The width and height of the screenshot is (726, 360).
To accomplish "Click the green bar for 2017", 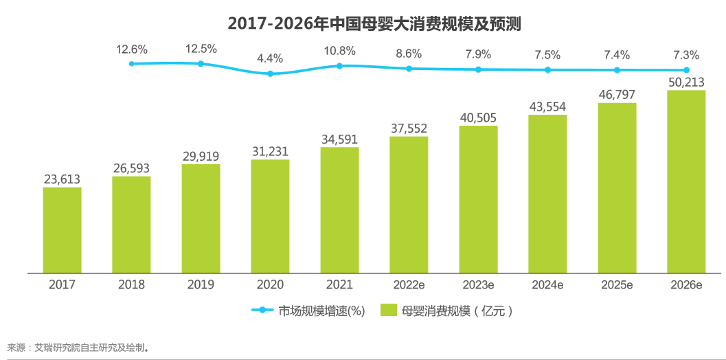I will pyautogui.click(x=62, y=230).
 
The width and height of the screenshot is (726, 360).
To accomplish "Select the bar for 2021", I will pyautogui.click(x=339, y=210).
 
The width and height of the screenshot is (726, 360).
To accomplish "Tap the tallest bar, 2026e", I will pyautogui.click(x=686, y=181).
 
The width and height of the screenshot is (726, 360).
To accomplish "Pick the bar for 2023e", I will pyautogui.click(x=478, y=199).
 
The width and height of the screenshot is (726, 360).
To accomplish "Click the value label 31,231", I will pyautogui.click(x=270, y=151).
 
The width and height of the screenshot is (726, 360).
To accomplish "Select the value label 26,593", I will pyautogui.click(x=131, y=168).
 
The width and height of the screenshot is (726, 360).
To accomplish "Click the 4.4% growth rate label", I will pyautogui.click(x=270, y=58).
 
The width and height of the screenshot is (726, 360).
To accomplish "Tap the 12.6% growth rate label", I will pyautogui.click(x=131, y=49).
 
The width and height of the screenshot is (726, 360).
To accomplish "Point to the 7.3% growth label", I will pyautogui.click(x=686, y=55).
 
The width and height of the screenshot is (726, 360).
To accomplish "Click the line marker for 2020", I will pyautogui.click(x=270, y=73).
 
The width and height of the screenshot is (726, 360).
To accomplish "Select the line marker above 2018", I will pyautogui.click(x=131, y=63).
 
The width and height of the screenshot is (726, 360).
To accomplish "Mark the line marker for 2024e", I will pyautogui.click(x=547, y=70).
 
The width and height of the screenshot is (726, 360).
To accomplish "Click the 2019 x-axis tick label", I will pyautogui.click(x=201, y=284).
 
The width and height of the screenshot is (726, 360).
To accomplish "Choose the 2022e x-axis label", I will pyautogui.click(x=409, y=284).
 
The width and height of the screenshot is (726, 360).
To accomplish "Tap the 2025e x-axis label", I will pyautogui.click(x=617, y=284).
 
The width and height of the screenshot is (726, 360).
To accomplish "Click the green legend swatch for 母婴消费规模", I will pyautogui.click(x=389, y=311).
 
